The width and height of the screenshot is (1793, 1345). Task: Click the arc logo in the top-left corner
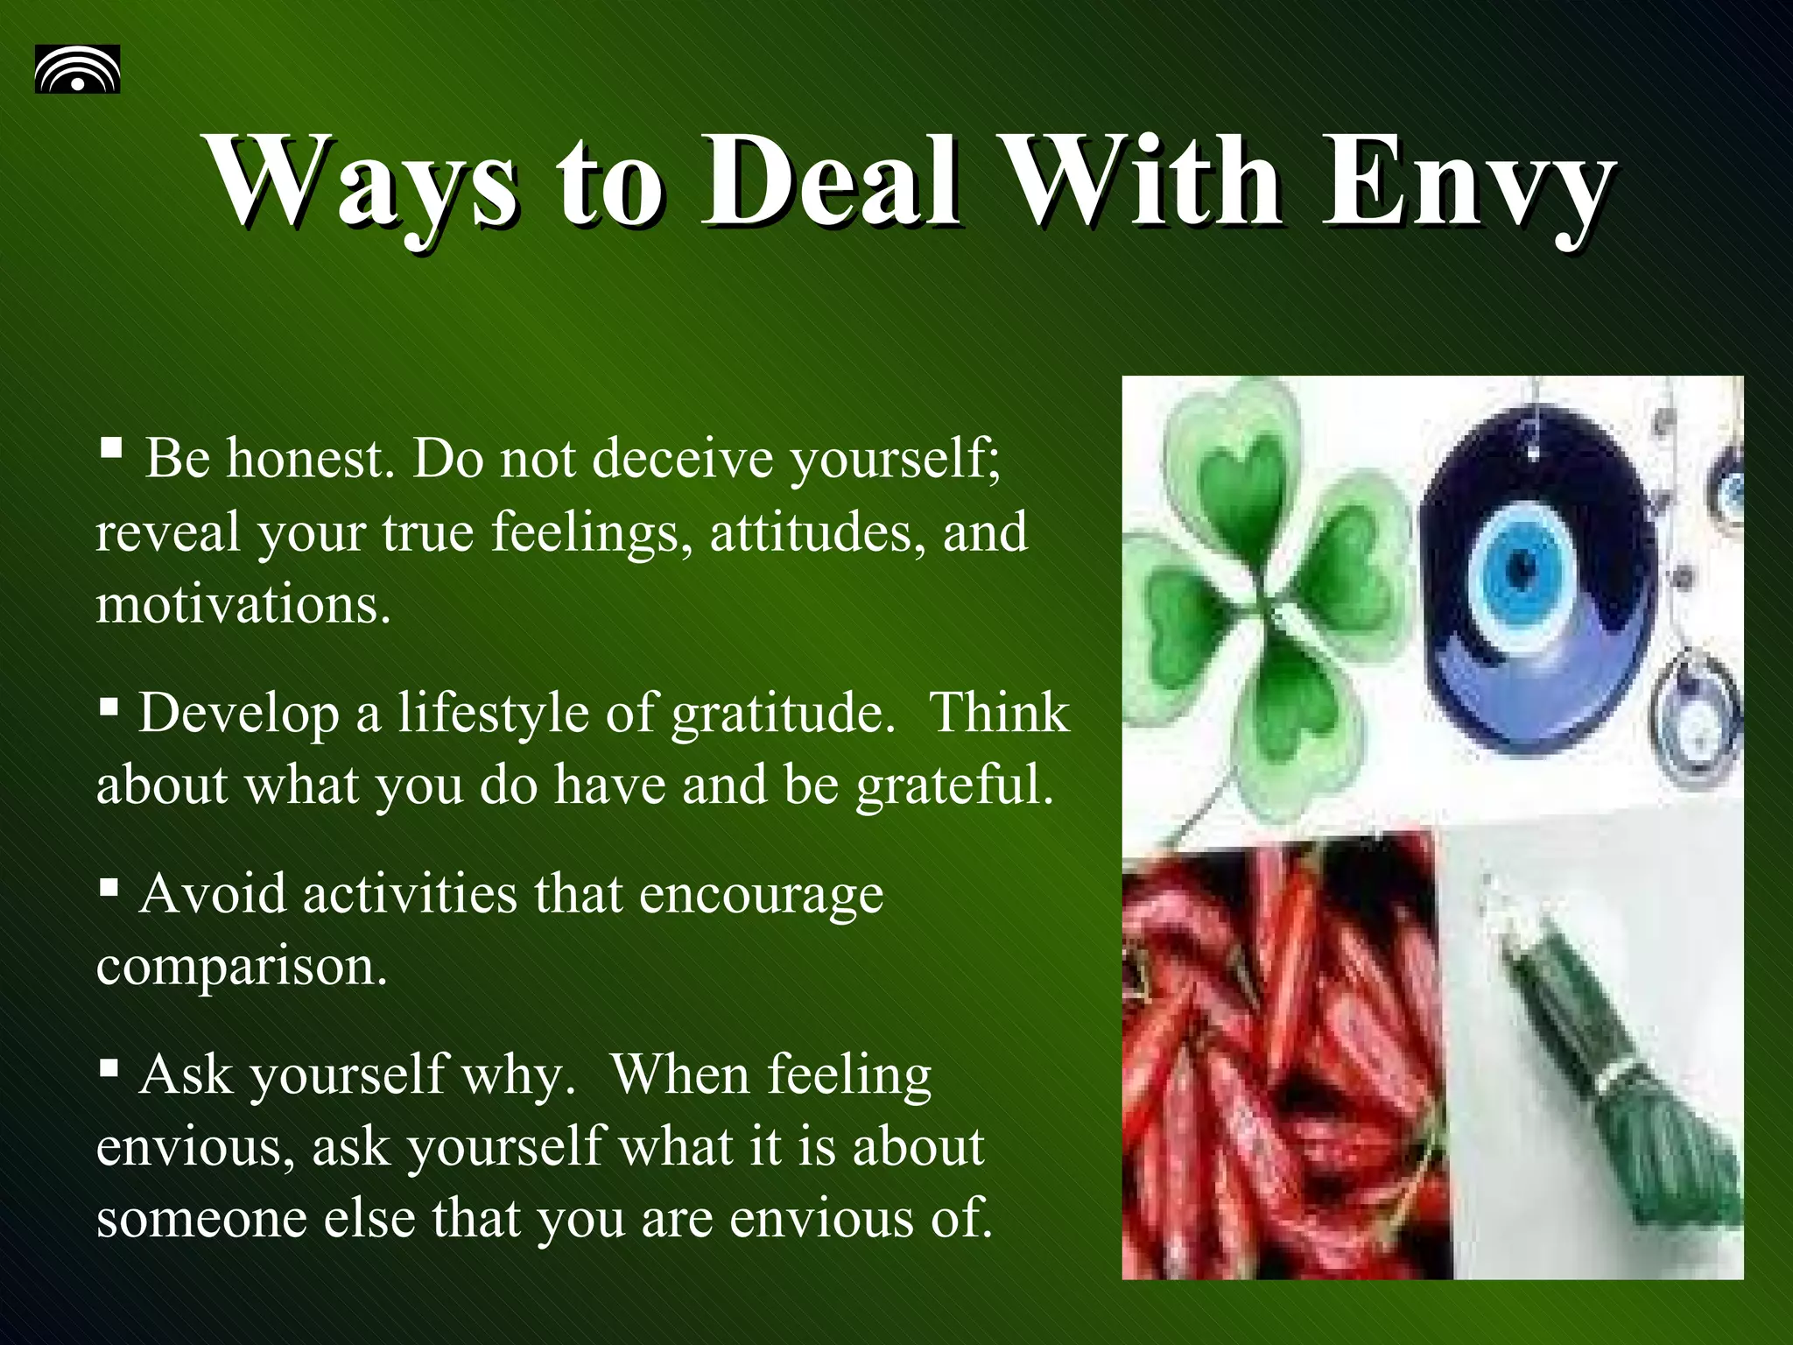(x=77, y=69)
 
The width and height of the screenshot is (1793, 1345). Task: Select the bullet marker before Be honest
(x=110, y=449)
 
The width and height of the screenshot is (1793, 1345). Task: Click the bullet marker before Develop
(x=109, y=706)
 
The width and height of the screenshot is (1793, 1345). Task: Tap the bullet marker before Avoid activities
(x=109, y=888)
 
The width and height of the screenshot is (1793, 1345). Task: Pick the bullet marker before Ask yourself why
(x=109, y=1067)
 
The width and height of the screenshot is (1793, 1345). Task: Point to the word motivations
(x=243, y=604)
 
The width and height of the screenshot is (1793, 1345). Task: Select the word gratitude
(x=784, y=714)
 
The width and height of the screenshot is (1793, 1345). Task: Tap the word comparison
(x=241, y=968)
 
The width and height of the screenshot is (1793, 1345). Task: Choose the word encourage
(x=761, y=895)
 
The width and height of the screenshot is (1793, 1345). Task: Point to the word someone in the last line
(x=201, y=1218)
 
